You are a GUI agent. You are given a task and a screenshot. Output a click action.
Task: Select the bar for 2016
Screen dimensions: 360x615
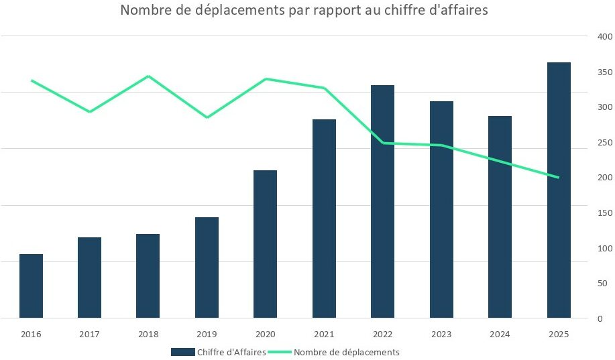[x=31, y=286]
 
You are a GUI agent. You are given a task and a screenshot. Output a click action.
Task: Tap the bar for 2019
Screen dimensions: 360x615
[x=207, y=267]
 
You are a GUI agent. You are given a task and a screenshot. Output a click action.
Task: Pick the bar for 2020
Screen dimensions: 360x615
[x=265, y=244]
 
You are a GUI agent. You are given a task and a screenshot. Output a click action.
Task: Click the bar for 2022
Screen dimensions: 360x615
[x=382, y=201]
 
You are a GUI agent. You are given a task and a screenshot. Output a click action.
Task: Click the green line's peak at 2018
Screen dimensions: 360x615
[x=148, y=76]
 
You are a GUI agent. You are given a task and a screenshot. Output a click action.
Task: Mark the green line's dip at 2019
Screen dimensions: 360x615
[x=207, y=118]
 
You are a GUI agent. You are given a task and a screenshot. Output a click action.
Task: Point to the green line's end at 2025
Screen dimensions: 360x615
[x=559, y=178]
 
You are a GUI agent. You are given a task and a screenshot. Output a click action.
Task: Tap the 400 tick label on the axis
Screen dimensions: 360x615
[x=604, y=36]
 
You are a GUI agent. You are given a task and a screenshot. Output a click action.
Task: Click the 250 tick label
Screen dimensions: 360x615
[x=604, y=142]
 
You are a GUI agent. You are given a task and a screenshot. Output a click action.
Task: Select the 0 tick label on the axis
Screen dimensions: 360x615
[x=600, y=319]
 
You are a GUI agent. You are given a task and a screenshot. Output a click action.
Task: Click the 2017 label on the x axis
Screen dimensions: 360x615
[x=89, y=334]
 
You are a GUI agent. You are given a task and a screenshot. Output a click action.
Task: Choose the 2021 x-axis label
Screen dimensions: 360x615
[x=324, y=334]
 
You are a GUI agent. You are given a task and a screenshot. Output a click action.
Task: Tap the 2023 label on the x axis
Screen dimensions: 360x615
[x=441, y=334]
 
